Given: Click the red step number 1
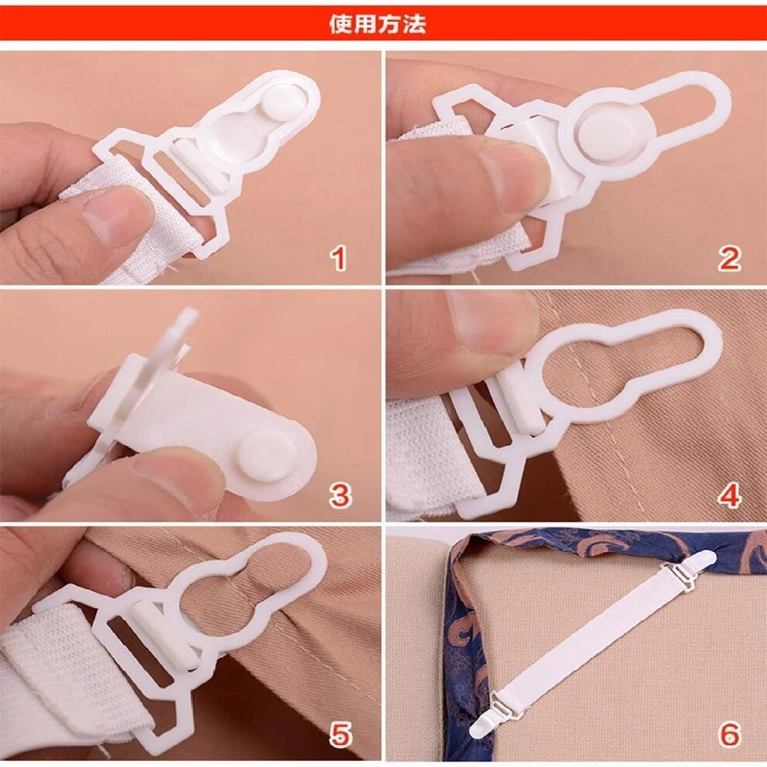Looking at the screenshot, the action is point(339,258).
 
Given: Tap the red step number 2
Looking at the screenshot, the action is point(729,258).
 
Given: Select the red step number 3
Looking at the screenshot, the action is point(340,495).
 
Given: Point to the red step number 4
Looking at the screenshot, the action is point(729,495).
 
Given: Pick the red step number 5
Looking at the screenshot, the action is point(340,734).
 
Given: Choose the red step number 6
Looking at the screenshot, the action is point(729,734).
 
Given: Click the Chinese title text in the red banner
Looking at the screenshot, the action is point(378,24).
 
